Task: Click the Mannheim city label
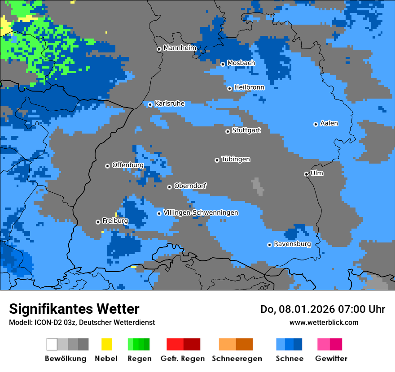(x=180, y=48)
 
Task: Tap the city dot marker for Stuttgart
(x=228, y=131)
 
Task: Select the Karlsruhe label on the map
(x=169, y=104)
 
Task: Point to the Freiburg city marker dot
(x=98, y=222)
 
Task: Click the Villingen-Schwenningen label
(x=201, y=212)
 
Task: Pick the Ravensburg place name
(x=292, y=244)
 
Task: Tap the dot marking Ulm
(x=306, y=174)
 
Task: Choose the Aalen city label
(x=329, y=123)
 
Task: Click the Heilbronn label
(x=249, y=87)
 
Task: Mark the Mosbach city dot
(x=223, y=64)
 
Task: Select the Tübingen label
(x=236, y=159)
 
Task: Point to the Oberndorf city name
(x=190, y=186)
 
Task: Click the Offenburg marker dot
(x=107, y=166)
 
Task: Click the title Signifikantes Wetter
(x=74, y=309)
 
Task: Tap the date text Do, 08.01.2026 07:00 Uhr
(x=323, y=309)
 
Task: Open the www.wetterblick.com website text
(x=324, y=322)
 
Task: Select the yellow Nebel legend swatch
(x=106, y=344)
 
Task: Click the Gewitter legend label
(x=331, y=359)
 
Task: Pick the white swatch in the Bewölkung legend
(x=52, y=344)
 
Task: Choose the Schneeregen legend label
(x=237, y=359)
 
